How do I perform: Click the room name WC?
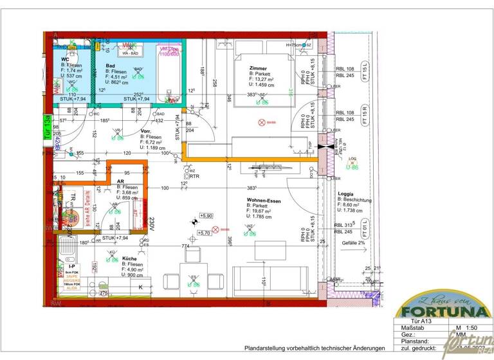coord(65,59)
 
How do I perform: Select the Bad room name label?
coord(111,65)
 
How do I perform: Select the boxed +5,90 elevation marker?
coord(206,216)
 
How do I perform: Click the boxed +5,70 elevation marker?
coord(204,233)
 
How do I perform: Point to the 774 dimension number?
coord(185,246)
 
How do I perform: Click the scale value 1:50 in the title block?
coord(462,328)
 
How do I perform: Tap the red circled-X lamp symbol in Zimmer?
coord(261,122)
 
